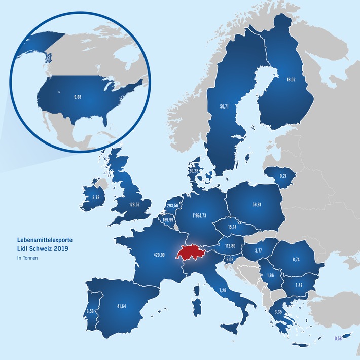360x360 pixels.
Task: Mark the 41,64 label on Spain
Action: pyautogui.click(x=120, y=307)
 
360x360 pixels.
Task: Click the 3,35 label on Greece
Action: pyautogui.click(x=279, y=312)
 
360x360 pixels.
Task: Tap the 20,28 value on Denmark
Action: pyautogui.click(x=193, y=171)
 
